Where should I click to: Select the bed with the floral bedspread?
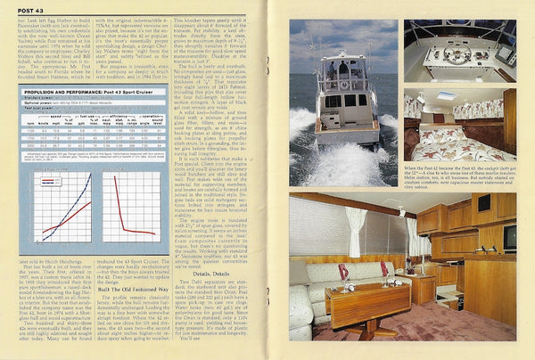click(455, 140)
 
